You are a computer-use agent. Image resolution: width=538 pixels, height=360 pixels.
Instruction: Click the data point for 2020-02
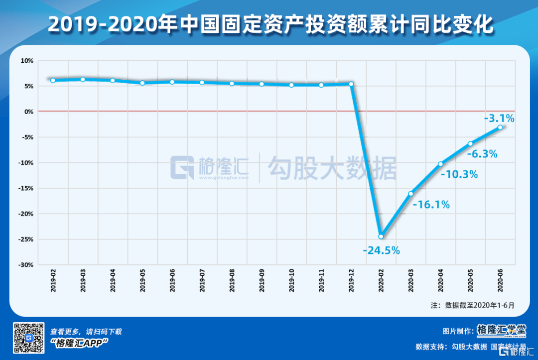[x=381, y=237]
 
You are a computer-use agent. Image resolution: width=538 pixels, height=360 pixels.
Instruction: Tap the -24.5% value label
[x=382, y=250]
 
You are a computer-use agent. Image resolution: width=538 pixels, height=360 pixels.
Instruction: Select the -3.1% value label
[x=499, y=119]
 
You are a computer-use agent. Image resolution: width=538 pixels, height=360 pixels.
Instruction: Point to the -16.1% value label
[x=431, y=204]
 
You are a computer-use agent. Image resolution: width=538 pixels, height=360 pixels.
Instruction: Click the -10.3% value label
[x=460, y=174]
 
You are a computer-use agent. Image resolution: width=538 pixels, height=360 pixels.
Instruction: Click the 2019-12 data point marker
[x=351, y=84]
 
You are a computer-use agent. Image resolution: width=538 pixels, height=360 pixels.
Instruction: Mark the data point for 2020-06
[x=500, y=127]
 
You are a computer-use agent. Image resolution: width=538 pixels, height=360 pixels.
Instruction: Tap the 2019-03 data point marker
[x=83, y=79]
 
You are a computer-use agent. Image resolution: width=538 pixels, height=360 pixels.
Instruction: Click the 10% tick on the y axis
[x=26, y=61]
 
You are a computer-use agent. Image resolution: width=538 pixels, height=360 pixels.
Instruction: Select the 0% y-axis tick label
[x=28, y=112]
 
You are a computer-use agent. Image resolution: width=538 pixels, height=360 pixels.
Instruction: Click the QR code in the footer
[x=28, y=338]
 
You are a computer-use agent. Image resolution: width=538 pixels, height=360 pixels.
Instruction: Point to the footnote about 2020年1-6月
[x=472, y=305]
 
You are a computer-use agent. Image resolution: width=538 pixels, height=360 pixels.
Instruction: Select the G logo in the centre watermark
[x=183, y=168]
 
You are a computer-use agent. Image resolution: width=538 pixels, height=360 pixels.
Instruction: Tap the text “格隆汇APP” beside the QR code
[x=80, y=343]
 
